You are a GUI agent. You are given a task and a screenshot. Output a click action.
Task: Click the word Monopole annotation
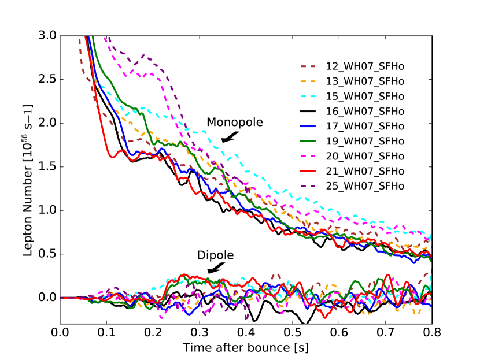pos(235,123)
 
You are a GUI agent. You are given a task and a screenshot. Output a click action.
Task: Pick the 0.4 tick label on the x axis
pos(246,334)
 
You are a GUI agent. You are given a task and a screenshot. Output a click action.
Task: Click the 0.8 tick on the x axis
pos(432,334)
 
